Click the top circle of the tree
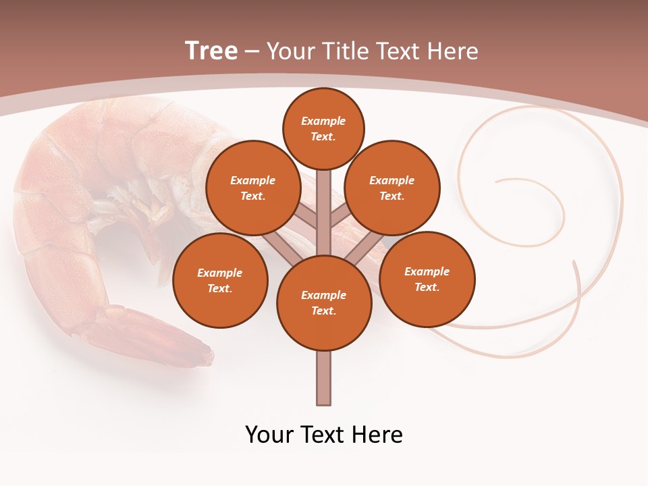tap(323, 128)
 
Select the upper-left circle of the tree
tap(252, 188)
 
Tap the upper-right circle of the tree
tap(391, 188)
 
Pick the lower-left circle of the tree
tap(220, 280)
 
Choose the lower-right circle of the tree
tap(427, 279)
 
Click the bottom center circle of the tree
tap(324, 302)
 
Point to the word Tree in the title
tap(211, 51)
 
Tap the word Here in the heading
tap(453, 51)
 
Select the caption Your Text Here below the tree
tap(324, 435)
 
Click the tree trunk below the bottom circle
tap(324, 378)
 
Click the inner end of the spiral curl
tap(498, 181)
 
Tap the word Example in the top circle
tap(323, 121)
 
